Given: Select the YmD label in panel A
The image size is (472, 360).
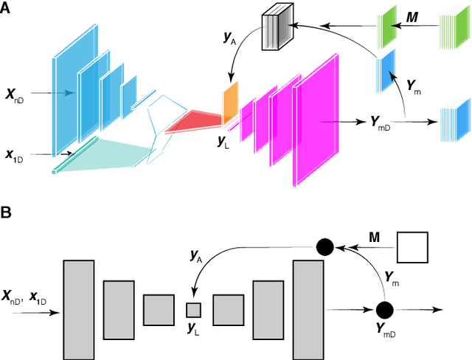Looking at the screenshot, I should pyautogui.click(x=378, y=121).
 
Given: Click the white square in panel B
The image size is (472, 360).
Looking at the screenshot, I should pyautogui.click(x=412, y=247).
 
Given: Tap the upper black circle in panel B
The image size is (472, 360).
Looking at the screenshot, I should pyautogui.click(x=324, y=246).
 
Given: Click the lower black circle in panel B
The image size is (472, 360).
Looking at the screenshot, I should pyautogui.click(x=383, y=310).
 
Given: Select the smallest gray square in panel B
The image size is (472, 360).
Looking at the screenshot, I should pyautogui.click(x=193, y=310).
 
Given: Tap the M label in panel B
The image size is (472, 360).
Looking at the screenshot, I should pyautogui.click(x=374, y=238).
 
